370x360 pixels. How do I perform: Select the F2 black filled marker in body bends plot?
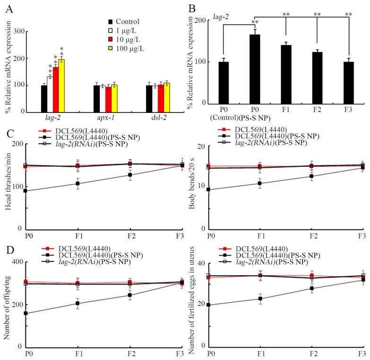click(311, 176)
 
